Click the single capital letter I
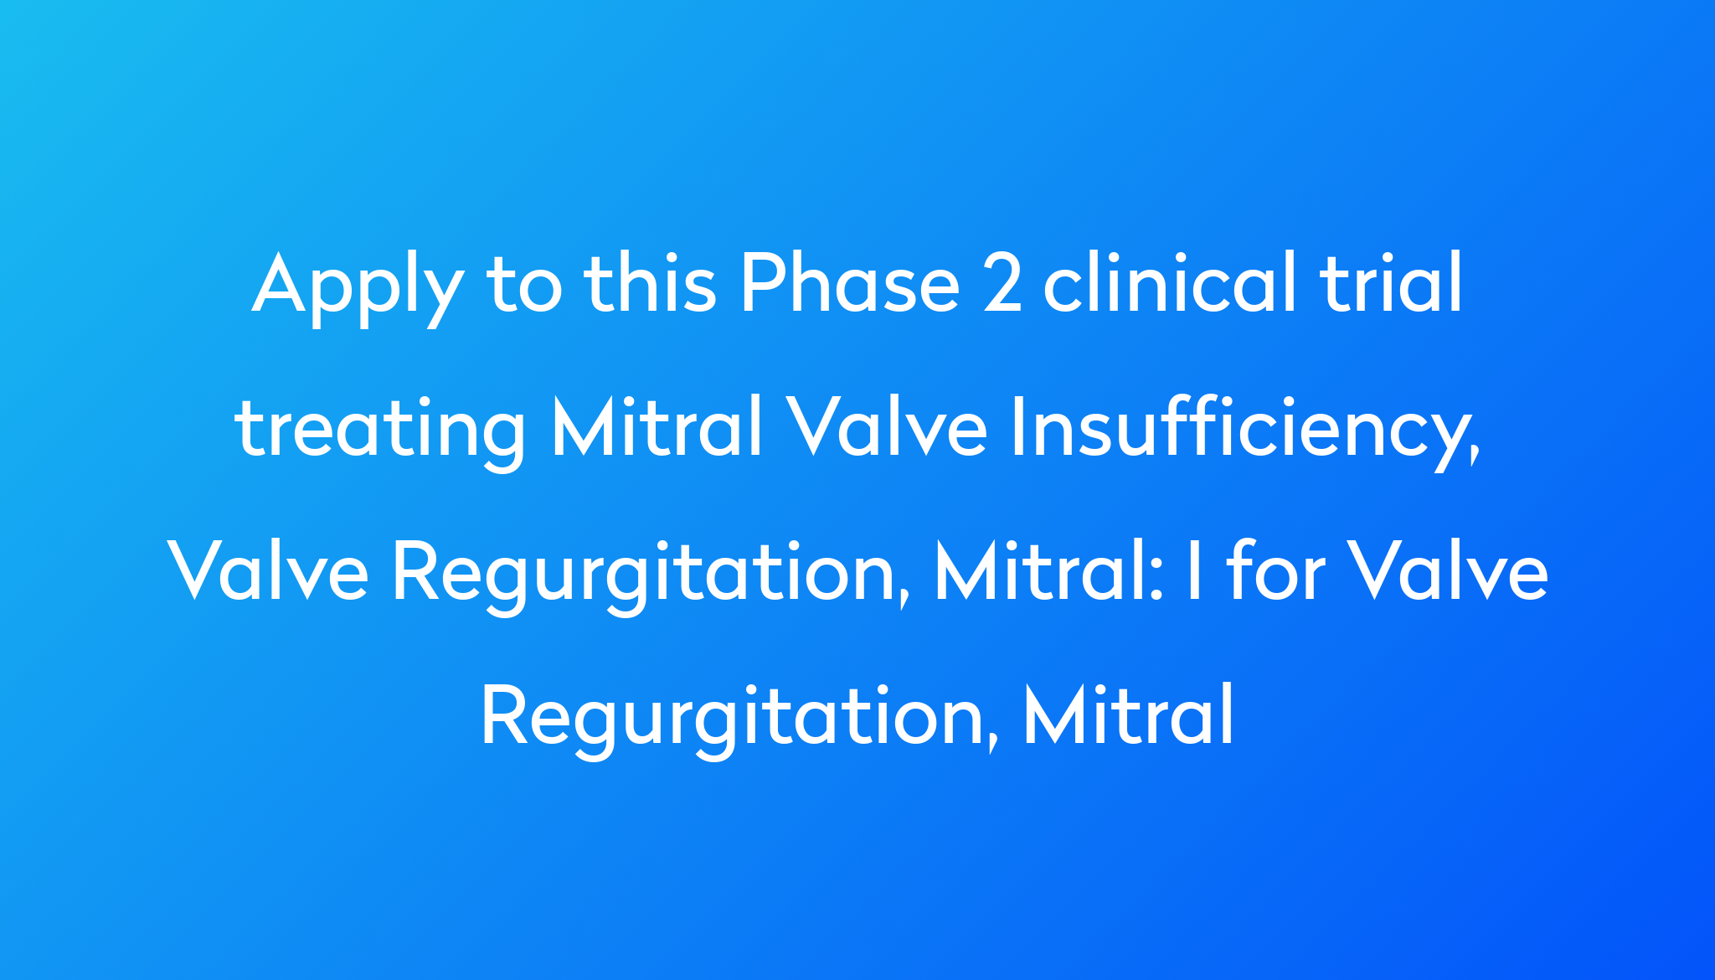coord(1190,573)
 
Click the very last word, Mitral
coord(1129,715)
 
